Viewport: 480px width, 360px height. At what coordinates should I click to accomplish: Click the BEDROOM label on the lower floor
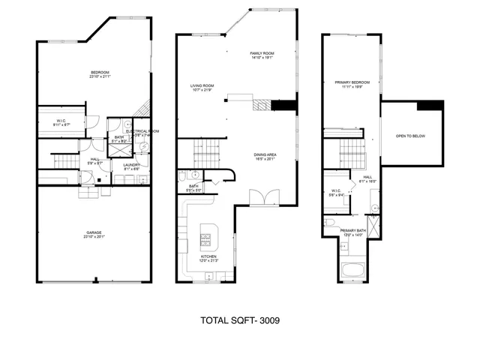point(100,73)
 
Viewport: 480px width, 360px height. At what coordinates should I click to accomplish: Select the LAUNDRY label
point(132,166)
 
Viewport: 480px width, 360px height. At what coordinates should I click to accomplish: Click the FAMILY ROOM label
point(263,55)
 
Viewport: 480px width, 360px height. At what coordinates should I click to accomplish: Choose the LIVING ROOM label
point(203,87)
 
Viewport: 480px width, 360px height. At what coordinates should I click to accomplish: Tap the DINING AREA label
point(267,156)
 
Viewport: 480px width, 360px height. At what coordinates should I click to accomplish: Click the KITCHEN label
point(209,257)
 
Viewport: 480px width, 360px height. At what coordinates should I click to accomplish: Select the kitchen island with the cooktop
point(206,239)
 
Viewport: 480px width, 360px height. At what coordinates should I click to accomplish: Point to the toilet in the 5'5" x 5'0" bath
point(182,177)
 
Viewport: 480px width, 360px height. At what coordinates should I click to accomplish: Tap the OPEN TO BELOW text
point(410,136)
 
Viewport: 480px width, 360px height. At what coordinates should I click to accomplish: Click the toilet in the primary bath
point(330,223)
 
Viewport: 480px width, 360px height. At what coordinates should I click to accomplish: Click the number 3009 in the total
point(268,320)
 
